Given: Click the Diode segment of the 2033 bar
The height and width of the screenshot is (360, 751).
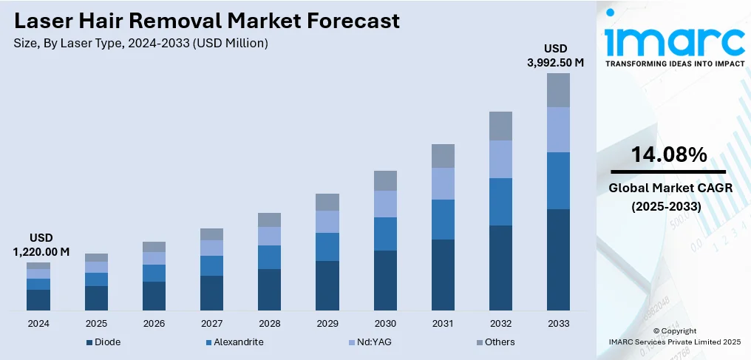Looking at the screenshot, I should [558, 259].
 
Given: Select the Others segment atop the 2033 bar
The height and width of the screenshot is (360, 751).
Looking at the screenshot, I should [558, 90].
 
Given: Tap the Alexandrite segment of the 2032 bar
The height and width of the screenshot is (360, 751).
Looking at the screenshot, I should [500, 202].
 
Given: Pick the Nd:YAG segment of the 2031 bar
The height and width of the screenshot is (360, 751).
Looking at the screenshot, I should [443, 183].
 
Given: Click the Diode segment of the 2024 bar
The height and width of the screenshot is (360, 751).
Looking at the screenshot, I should [38, 299].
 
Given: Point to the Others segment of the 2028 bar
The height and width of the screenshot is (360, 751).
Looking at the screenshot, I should [269, 220].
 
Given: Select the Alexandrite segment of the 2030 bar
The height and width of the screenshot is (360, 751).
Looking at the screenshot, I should [385, 234].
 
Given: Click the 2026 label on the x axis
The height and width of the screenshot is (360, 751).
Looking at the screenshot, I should [154, 324].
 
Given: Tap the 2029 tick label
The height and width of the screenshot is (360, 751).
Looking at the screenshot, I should [327, 324].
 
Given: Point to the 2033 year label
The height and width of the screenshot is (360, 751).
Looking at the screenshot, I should [558, 324].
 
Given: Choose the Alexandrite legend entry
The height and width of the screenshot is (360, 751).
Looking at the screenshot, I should [234, 342].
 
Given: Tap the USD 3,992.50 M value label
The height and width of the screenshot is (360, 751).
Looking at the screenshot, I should [555, 55].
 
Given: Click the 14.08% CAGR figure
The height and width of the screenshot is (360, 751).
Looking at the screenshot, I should [669, 154].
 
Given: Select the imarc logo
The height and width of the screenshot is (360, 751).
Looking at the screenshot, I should [674, 43].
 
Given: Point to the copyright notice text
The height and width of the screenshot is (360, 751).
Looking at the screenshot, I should [674, 336].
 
